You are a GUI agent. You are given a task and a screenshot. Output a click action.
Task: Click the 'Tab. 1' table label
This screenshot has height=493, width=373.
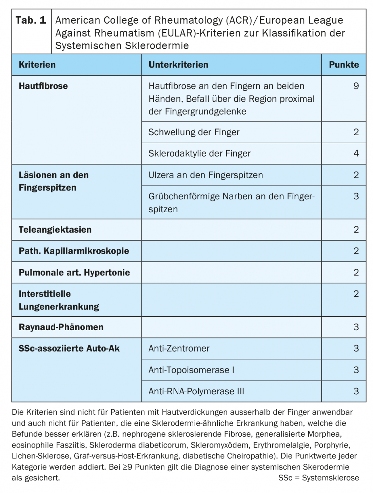pyautogui.click(x=31, y=20)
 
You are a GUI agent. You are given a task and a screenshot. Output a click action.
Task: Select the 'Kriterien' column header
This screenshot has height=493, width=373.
pyautogui.click(x=37, y=65)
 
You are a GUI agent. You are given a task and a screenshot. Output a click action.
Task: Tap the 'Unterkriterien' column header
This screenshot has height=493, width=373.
pyautogui.click(x=178, y=65)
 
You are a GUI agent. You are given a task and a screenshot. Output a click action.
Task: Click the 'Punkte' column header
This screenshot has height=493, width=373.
pyautogui.click(x=344, y=65)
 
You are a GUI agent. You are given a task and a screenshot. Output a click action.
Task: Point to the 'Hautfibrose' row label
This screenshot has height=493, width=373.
pyautogui.click(x=43, y=86)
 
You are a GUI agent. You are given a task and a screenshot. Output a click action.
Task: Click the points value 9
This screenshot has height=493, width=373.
pyautogui.click(x=356, y=86)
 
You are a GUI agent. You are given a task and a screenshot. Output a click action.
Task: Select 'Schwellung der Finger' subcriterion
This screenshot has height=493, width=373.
pyautogui.click(x=194, y=132)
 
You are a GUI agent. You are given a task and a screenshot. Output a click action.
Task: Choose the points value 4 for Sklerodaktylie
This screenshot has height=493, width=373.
pyautogui.click(x=356, y=153)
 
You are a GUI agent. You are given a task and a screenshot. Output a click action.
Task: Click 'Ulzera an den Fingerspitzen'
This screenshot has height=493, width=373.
pyautogui.click(x=205, y=175)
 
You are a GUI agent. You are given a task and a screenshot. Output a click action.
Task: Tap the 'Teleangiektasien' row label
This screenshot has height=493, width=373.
pyautogui.click(x=55, y=230)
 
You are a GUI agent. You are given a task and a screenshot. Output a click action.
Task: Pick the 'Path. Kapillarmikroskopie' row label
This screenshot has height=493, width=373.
pyautogui.click(x=74, y=251)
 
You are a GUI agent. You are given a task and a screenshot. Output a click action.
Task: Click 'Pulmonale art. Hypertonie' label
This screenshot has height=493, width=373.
pyautogui.click(x=74, y=272)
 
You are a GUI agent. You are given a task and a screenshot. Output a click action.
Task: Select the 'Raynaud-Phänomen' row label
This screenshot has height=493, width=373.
pyautogui.click(x=61, y=327)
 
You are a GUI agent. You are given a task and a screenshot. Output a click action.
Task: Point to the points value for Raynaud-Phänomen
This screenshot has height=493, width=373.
pyautogui.click(x=356, y=327)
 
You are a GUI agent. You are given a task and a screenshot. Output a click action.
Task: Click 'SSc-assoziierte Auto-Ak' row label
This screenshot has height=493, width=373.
pyautogui.click(x=69, y=349)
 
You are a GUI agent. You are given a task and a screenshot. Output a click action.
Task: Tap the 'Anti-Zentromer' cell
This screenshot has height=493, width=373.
pyautogui.click(x=179, y=349)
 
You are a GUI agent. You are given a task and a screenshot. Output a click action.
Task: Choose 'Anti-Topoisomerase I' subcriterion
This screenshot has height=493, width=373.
pyautogui.click(x=191, y=370)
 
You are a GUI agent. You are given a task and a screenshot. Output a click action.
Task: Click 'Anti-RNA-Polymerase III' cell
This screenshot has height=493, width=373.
pyautogui.click(x=196, y=391)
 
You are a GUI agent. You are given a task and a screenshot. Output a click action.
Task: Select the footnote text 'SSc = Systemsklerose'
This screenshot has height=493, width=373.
pyautogui.click(x=318, y=478)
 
